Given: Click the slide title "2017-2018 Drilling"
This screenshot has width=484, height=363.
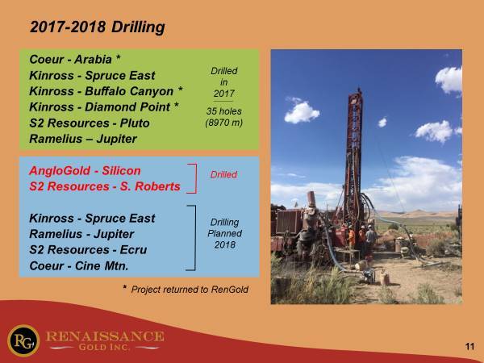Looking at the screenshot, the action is pyautogui.click(x=98, y=27).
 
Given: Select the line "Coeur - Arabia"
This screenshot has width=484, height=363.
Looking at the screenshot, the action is pyautogui.click(x=71, y=59).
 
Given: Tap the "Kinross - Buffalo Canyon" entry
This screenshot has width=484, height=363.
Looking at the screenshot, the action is pyautogui.click(x=102, y=91).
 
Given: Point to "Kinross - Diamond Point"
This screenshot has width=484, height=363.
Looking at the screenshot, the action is pyautogui.click(x=99, y=107).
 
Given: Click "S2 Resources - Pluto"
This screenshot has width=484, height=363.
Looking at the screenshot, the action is pyautogui.click(x=90, y=123).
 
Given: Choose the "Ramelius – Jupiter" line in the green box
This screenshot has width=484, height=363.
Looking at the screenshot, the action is pyautogui.click(x=83, y=139).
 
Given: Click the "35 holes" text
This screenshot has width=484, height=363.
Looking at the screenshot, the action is pyautogui.click(x=224, y=111).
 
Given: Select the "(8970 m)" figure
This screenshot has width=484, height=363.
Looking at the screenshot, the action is pyautogui.click(x=224, y=123).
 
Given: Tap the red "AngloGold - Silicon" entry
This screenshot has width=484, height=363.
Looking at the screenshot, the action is pyautogui.click(x=85, y=171).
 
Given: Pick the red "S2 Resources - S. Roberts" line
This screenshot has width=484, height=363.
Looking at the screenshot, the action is pyautogui.click(x=105, y=186).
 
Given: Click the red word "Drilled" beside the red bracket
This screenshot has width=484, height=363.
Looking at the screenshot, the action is pyautogui.click(x=223, y=175).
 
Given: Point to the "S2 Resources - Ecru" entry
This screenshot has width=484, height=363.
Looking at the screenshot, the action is pyautogui.click(x=88, y=250).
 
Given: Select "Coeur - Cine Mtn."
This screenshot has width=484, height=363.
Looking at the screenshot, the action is pyautogui.click(x=79, y=265).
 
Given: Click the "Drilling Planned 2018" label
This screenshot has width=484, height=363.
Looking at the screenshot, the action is pyautogui.click(x=225, y=233).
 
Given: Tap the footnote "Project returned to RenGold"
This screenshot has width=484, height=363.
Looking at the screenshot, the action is pyautogui.click(x=190, y=290).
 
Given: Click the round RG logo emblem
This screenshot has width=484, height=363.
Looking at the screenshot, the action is pyautogui.click(x=23, y=340).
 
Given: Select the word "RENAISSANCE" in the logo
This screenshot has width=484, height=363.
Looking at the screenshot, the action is pyautogui.click(x=105, y=336).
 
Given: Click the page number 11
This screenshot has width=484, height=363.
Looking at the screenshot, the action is pyautogui.click(x=469, y=347).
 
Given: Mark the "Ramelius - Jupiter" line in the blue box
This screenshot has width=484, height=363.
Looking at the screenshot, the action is pyautogui.click(x=81, y=234).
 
